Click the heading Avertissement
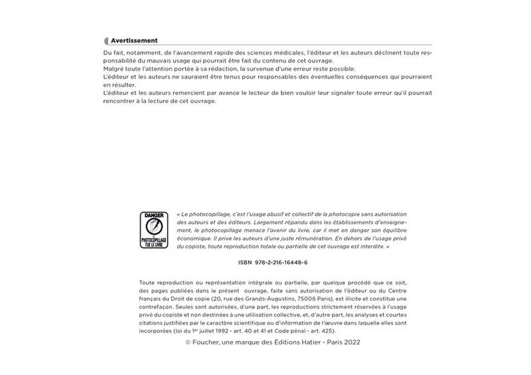tap(134, 41)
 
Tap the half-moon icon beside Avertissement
tap(106, 41)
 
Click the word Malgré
tap(115, 69)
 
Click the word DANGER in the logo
tap(154, 215)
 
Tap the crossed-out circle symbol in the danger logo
tap(154, 227)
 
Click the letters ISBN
tap(246, 263)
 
